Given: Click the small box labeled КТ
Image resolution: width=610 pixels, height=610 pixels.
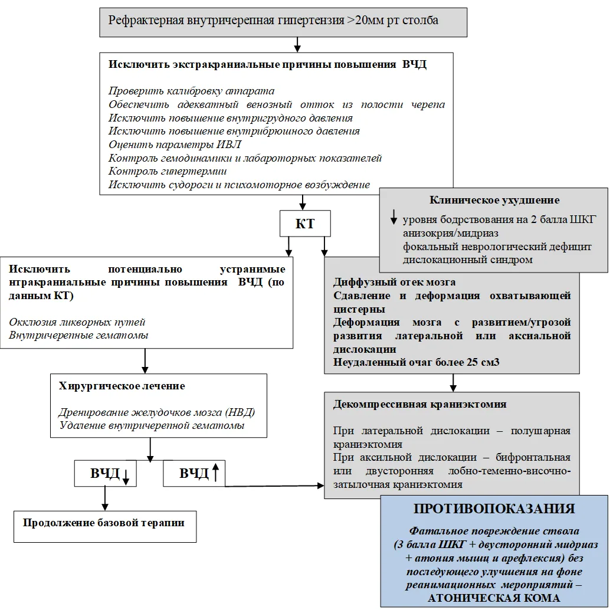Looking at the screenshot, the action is point(305,224).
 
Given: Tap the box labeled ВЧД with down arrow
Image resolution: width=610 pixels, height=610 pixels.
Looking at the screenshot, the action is point(106,474).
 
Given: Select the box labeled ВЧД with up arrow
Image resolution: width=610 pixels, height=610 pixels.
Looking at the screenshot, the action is point(194,474).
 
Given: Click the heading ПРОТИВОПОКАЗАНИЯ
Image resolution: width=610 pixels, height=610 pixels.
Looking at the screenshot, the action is point(494,509).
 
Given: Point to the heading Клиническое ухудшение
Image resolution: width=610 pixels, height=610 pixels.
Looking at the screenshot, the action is point(494,200).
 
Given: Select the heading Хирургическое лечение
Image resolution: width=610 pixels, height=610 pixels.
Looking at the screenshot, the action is point(122,386).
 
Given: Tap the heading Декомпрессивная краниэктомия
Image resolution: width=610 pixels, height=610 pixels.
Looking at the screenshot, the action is point(420,404).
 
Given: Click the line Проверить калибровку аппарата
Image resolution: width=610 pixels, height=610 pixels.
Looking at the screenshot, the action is point(191,91).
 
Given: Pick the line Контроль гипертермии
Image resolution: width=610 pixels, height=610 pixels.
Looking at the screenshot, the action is point(168,171).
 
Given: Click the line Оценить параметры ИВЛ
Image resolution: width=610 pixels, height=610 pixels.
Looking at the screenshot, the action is point(175,145).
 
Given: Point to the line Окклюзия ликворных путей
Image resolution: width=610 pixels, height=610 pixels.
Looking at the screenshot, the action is point(77,322).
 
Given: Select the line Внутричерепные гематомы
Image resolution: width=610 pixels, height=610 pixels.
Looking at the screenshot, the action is point(78,335).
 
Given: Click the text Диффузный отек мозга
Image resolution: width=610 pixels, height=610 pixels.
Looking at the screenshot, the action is point(395,282).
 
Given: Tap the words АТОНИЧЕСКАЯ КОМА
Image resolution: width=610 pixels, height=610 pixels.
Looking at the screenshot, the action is point(494,598).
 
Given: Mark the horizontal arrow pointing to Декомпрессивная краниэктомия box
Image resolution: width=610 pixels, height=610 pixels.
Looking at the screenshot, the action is point(275,486).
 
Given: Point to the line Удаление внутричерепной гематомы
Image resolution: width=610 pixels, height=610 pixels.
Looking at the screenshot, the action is point(152,425).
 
